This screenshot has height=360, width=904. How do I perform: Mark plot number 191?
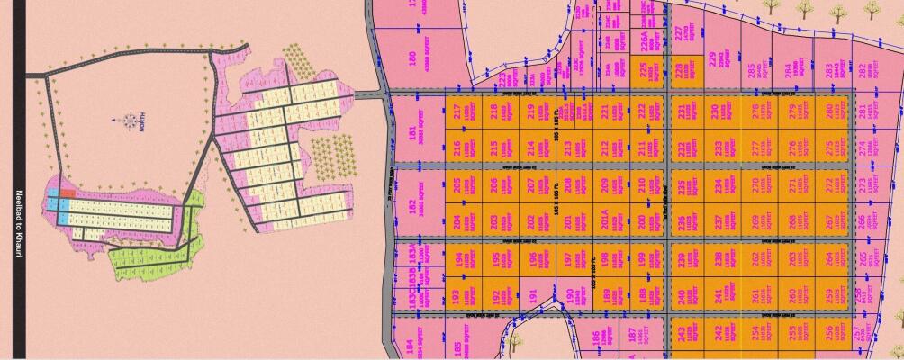click(533, 294)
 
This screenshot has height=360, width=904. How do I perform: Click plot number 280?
click(829, 113)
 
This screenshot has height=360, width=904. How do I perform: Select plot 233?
click(718, 147)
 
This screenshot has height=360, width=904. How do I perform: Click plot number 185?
click(460, 346)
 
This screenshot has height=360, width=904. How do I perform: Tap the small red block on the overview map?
click(68, 193)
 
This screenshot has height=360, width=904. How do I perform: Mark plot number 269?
click(755, 221)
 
